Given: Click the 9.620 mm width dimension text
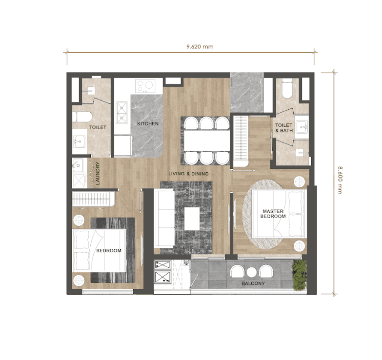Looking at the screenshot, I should point(200,47).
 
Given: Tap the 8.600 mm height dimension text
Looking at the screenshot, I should point(340,179).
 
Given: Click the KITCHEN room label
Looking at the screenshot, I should point(147,124).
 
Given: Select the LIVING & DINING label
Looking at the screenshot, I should point(189,174).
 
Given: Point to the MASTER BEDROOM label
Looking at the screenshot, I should point(273,213).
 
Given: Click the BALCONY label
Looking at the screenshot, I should point(253,283).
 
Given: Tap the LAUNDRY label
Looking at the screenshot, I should point(98,173).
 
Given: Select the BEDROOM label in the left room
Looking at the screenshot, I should point(108,251).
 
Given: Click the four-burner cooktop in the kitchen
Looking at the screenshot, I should point(145,86).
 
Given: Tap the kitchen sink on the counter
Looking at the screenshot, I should point(121,113).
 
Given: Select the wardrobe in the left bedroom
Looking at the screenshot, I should point(93,199).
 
